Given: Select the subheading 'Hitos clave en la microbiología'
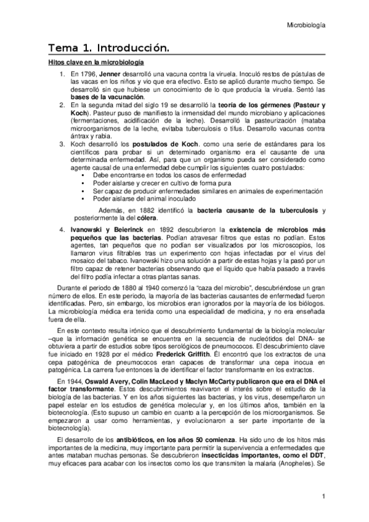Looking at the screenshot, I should click(x=96, y=63).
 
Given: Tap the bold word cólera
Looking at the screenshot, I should click(x=146, y=217).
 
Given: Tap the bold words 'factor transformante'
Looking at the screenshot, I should click(x=81, y=390).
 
